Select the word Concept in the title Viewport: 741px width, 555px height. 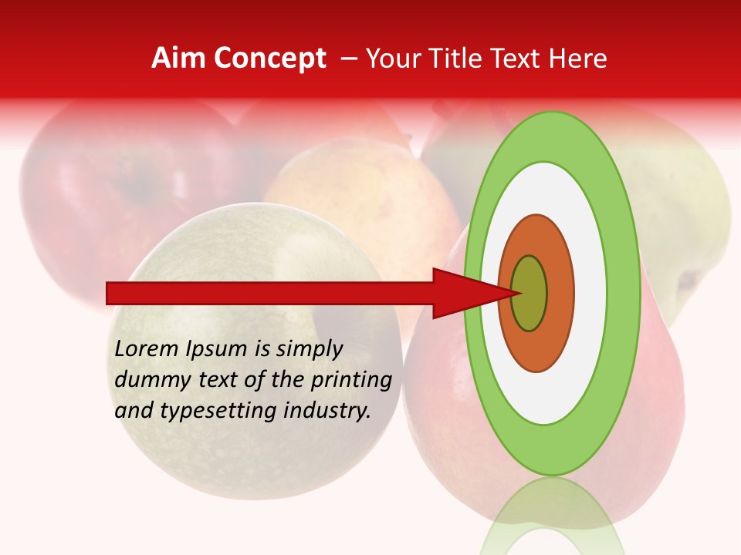269,59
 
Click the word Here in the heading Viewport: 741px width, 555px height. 579,59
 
